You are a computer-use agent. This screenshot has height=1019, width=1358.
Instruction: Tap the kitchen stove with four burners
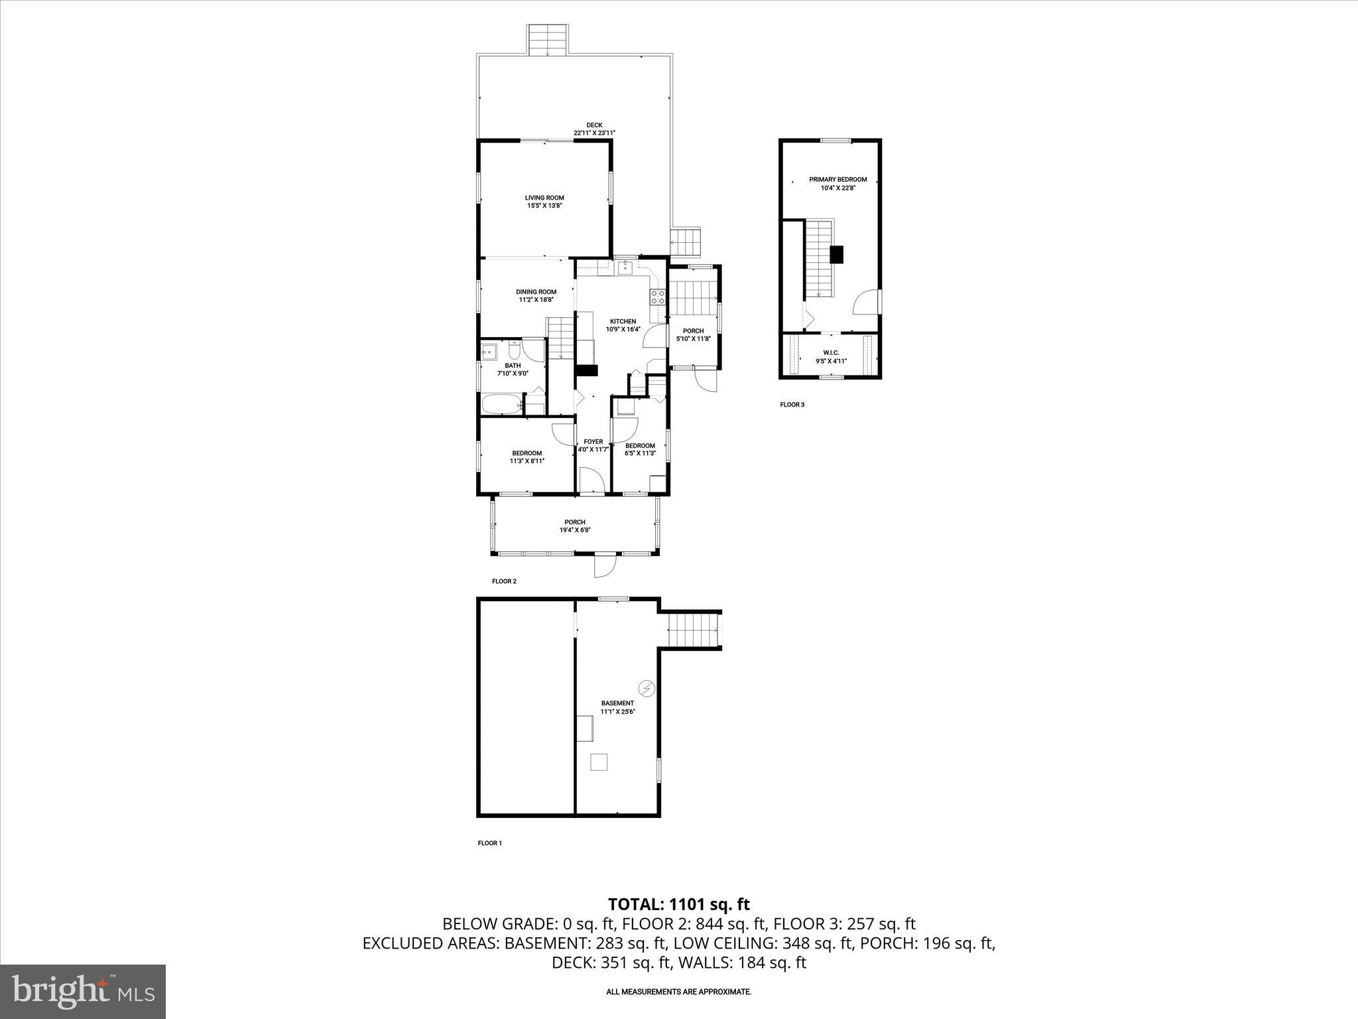657,297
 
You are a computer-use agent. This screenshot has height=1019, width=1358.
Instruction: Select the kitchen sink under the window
624,267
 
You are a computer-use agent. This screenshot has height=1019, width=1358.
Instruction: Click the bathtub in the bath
502,404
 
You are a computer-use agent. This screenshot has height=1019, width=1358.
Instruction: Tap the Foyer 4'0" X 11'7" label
593,445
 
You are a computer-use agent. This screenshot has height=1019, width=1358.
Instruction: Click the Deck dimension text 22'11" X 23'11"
594,133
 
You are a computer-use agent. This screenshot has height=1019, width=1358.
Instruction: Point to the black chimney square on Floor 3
837,254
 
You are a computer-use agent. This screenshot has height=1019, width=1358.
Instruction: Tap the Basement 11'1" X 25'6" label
617,707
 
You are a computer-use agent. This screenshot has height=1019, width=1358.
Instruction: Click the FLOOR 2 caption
504,581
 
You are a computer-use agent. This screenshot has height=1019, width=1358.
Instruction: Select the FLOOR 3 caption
792,404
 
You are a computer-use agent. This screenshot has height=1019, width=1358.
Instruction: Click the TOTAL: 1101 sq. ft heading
678,904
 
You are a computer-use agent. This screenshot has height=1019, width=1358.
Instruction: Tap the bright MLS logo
83,991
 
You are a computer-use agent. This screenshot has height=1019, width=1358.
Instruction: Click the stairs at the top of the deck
548,40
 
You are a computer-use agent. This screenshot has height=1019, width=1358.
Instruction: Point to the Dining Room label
536,295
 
